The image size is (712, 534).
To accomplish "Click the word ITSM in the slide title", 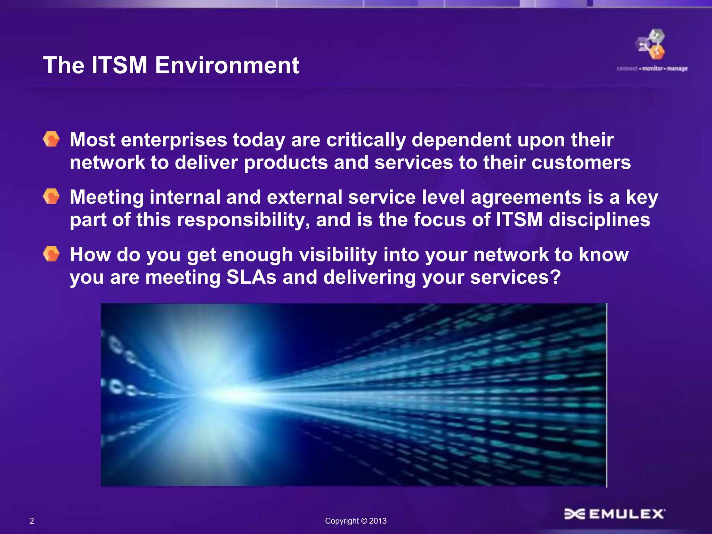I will click(x=119, y=65).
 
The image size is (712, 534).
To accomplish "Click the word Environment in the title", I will click(x=227, y=65).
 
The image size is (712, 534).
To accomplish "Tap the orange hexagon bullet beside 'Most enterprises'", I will click(x=51, y=139).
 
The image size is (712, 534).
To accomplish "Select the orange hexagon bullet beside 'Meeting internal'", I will click(x=51, y=196).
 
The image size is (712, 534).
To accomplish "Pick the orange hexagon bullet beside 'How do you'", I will click(x=51, y=254).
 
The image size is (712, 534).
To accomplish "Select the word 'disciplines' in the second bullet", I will click(x=599, y=220).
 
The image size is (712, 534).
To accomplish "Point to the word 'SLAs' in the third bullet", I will click(x=251, y=277).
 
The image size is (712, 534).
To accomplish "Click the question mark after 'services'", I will click(x=555, y=277).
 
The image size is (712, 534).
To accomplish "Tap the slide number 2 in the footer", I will click(x=32, y=521).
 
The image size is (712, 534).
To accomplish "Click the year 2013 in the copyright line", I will click(x=378, y=521).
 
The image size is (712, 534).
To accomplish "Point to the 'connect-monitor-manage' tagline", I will click(x=652, y=68).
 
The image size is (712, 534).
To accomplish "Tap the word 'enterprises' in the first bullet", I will click(x=174, y=140).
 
